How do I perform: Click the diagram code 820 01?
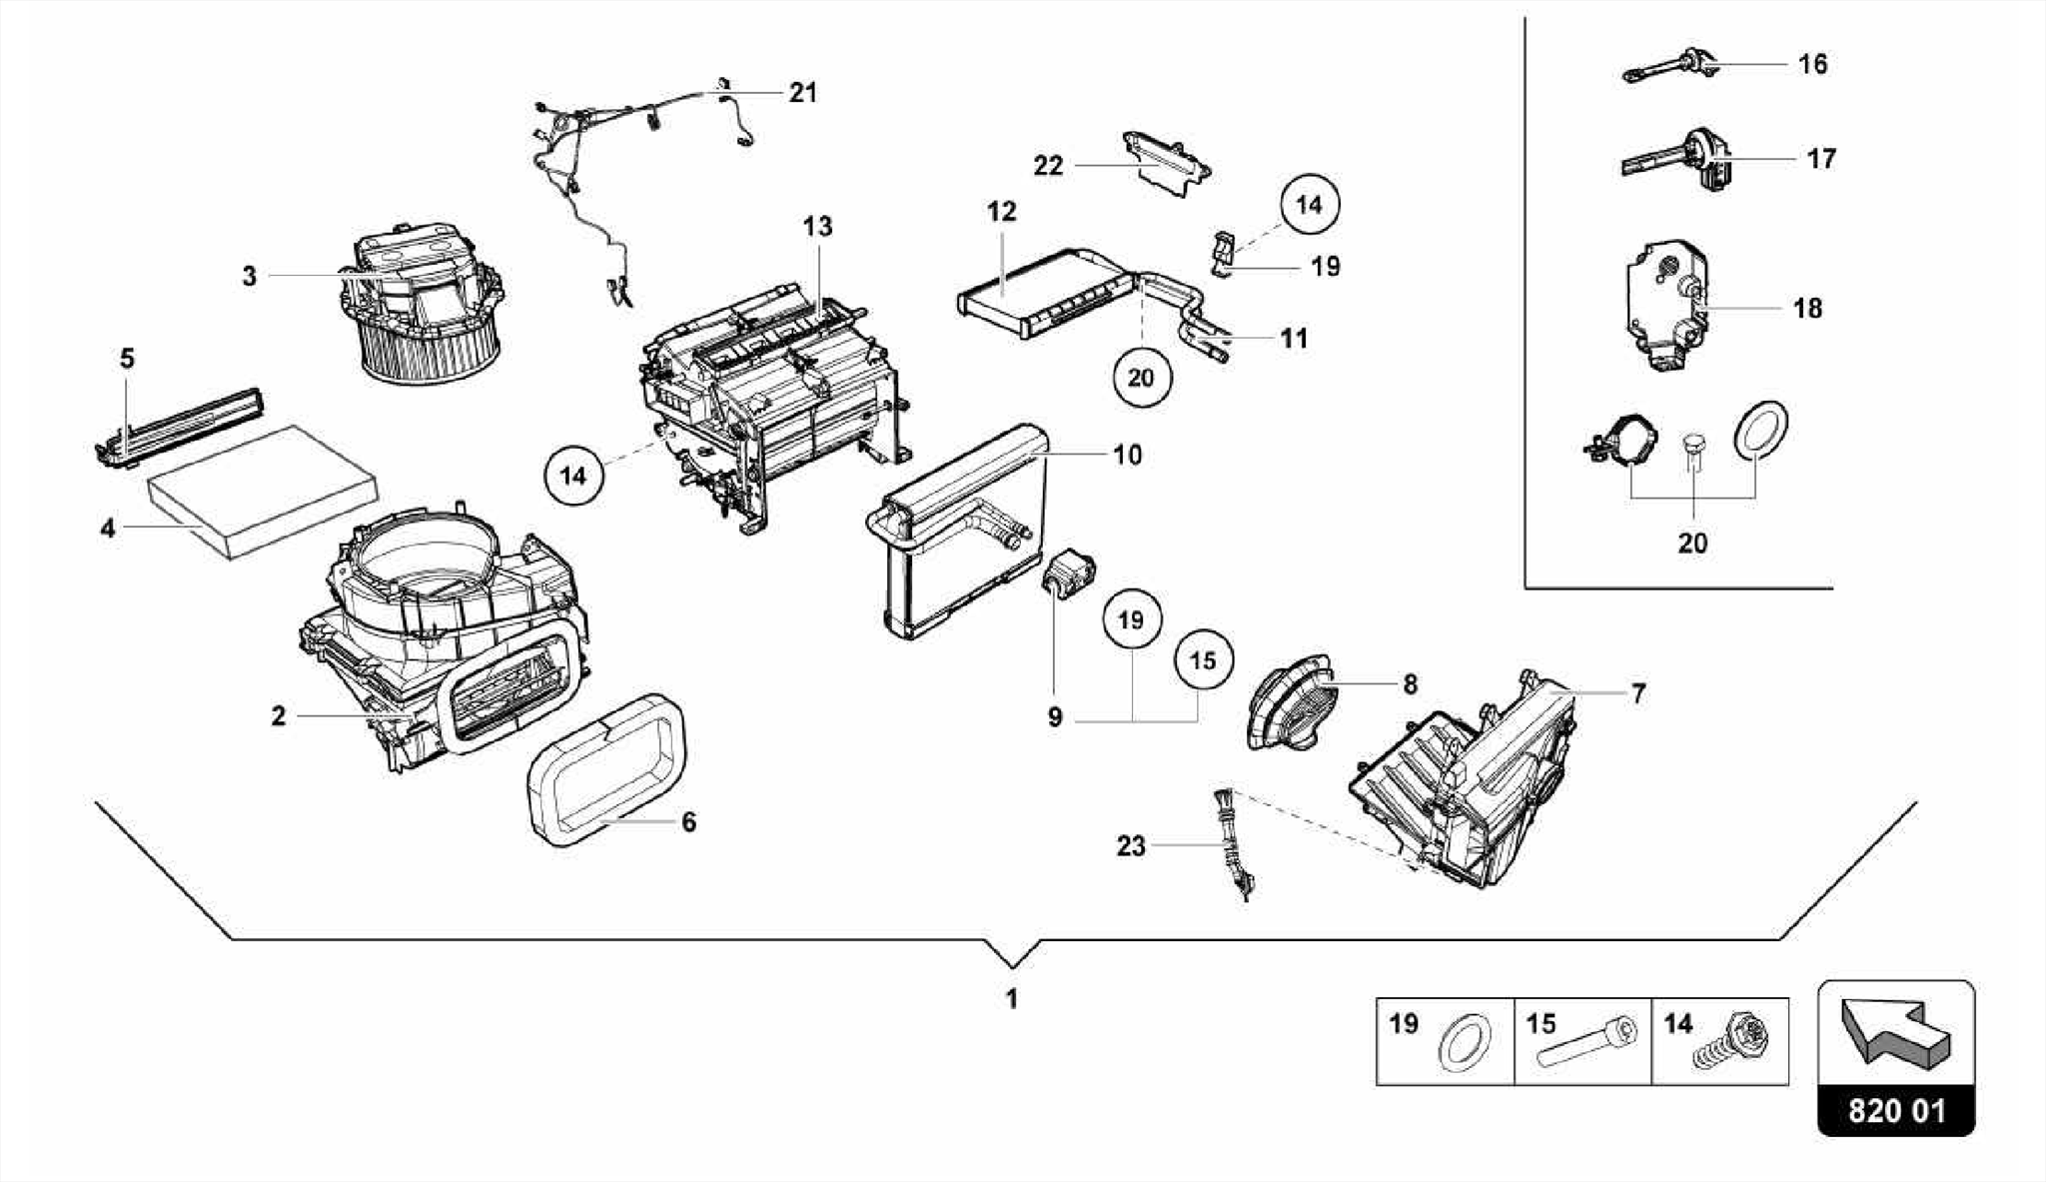1896,1111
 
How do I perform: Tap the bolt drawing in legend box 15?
1588,1044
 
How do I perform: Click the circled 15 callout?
1203,660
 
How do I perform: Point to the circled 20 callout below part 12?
1140,378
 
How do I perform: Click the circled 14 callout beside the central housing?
573,476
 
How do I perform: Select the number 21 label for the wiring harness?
802,93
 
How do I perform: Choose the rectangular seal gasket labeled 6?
604,769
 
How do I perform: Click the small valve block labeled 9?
1069,575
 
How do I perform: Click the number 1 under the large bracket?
1011,998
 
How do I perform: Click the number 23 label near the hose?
1130,846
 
